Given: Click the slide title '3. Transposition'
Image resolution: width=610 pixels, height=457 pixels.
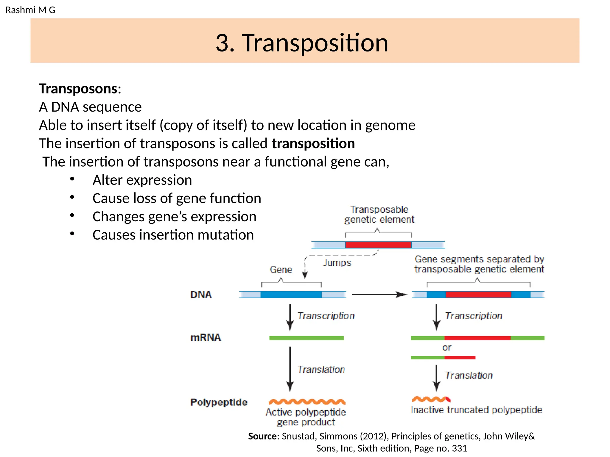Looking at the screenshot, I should click(x=302, y=43).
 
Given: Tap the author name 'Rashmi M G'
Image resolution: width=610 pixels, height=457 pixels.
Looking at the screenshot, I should click(x=30, y=10).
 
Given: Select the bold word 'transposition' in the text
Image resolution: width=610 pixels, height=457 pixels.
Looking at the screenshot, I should click(x=313, y=143).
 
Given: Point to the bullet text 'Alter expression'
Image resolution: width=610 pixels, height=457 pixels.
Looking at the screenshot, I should click(x=142, y=180).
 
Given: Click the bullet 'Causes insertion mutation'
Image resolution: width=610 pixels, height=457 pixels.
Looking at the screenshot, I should click(x=173, y=235).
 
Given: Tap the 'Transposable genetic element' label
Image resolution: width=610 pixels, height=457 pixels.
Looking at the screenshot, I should click(x=379, y=215).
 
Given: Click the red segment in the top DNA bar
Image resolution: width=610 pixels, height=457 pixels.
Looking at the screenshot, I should click(x=378, y=245).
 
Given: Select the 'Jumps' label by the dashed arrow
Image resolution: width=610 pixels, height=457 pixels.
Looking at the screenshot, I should click(x=337, y=263).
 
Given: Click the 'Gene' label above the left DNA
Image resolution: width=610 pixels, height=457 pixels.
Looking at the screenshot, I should click(x=281, y=270).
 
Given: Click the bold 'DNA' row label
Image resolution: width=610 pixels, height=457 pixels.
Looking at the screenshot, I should click(x=201, y=295).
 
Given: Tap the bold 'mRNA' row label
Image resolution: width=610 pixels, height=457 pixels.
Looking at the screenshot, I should click(x=206, y=337).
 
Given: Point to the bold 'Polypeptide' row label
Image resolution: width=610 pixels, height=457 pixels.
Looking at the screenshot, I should click(x=219, y=402).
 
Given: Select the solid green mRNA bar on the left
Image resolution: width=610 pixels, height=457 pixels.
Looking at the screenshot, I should click(x=306, y=338).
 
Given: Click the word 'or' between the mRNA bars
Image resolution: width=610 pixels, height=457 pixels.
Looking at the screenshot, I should click(x=446, y=348).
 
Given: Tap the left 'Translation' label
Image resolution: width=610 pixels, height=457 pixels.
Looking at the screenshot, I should click(x=321, y=370).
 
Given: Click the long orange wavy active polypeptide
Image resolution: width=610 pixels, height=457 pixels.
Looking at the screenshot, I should click(x=307, y=402).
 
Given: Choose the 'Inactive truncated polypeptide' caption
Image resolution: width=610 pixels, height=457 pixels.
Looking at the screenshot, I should click(x=476, y=410).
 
